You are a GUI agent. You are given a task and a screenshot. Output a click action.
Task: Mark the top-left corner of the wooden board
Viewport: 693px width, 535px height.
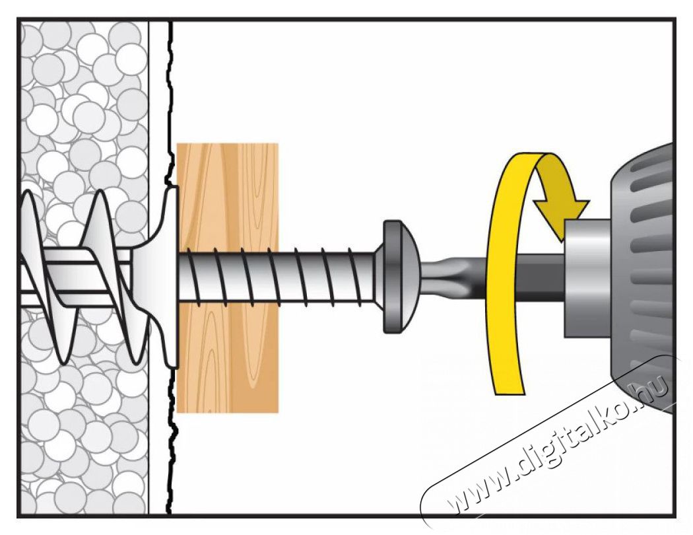click(x=178, y=144)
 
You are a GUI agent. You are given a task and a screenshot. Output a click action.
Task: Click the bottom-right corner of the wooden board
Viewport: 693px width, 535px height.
click(x=279, y=413)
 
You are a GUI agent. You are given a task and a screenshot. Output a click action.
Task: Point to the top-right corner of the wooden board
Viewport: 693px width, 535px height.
click(x=279, y=144)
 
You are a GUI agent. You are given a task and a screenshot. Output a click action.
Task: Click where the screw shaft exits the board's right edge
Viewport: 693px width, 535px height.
click(x=279, y=277)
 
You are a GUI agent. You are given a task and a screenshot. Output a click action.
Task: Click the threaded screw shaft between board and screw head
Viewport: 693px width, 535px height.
click(x=327, y=277)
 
